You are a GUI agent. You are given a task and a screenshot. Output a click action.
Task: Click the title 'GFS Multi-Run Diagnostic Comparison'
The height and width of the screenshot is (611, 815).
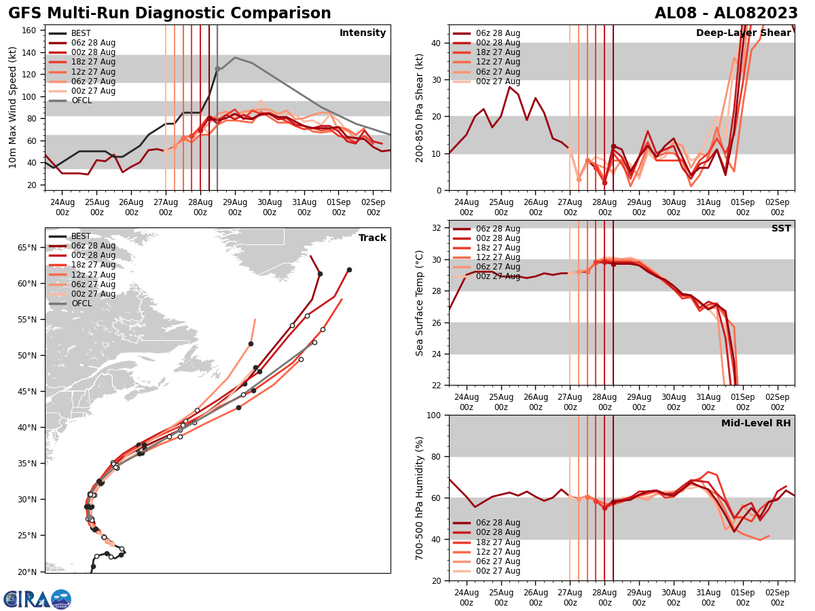point(169,14)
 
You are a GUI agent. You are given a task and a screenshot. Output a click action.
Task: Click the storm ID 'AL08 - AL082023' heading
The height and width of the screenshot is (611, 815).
point(726,14)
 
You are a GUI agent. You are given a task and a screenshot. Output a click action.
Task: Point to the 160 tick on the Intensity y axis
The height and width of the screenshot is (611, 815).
point(31,31)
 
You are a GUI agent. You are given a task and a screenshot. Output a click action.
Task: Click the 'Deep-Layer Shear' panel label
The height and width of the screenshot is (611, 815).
point(743,33)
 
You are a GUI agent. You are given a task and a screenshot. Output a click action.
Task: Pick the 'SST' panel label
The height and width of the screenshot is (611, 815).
point(781,229)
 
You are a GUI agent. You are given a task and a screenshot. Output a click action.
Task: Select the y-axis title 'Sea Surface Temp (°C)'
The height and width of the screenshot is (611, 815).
point(420,303)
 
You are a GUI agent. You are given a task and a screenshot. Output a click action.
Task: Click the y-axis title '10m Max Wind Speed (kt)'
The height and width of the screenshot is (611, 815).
point(13,107)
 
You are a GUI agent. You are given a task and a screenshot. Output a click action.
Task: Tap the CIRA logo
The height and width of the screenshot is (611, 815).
point(37,599)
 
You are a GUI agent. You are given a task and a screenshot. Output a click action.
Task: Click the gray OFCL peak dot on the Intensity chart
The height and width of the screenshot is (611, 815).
point(217,69)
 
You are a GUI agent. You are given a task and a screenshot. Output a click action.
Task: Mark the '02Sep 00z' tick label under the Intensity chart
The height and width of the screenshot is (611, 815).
point(373,206)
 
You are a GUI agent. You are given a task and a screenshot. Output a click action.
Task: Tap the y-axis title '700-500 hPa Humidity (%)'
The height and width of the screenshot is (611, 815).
point(420,498)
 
